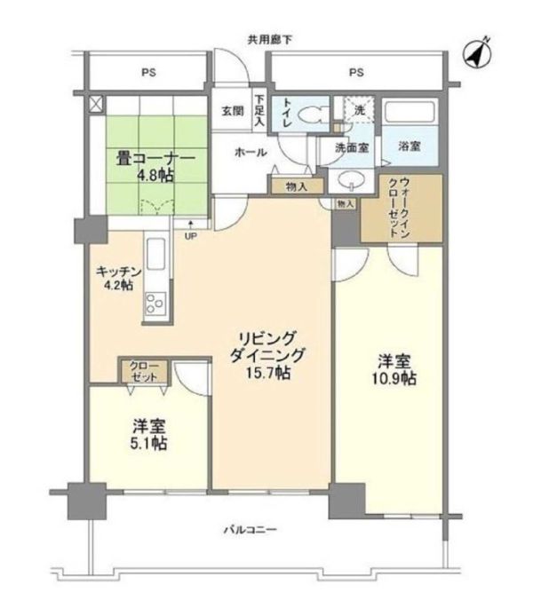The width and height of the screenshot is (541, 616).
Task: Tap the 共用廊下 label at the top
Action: click(271, 38)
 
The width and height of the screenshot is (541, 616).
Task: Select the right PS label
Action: click(356, 72)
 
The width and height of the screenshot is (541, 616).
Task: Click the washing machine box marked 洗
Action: click(359, 112)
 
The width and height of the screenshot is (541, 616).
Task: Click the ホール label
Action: click(251, 153)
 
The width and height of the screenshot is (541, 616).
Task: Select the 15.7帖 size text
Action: click(269, 374)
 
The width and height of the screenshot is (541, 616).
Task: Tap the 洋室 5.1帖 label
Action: click(147, 433)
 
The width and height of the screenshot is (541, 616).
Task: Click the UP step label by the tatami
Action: click(190, 236)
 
